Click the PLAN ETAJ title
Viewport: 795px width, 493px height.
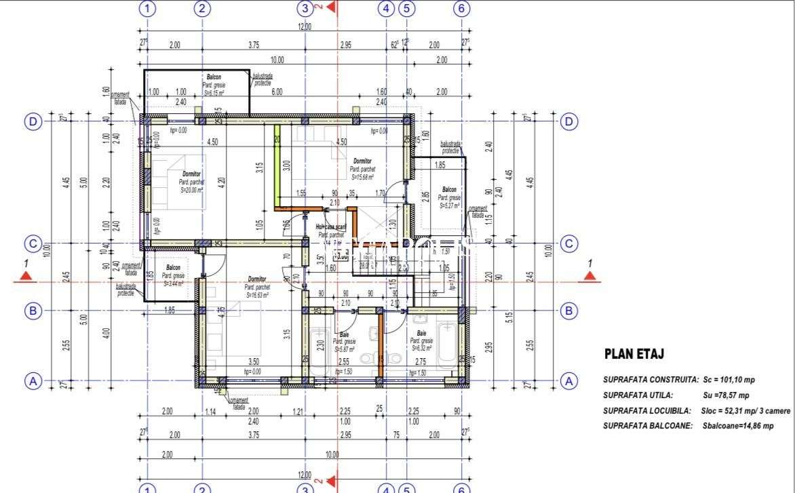click(633, 354)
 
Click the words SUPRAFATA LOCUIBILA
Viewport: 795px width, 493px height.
click(646, 410)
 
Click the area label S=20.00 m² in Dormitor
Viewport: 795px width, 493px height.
click(192, 191)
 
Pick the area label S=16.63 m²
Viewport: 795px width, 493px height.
click(257, 295)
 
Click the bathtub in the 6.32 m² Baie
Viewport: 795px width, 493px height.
click(447, 342)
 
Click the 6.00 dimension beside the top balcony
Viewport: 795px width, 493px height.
click(277, 92)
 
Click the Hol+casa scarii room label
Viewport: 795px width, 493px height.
click(331, 228)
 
